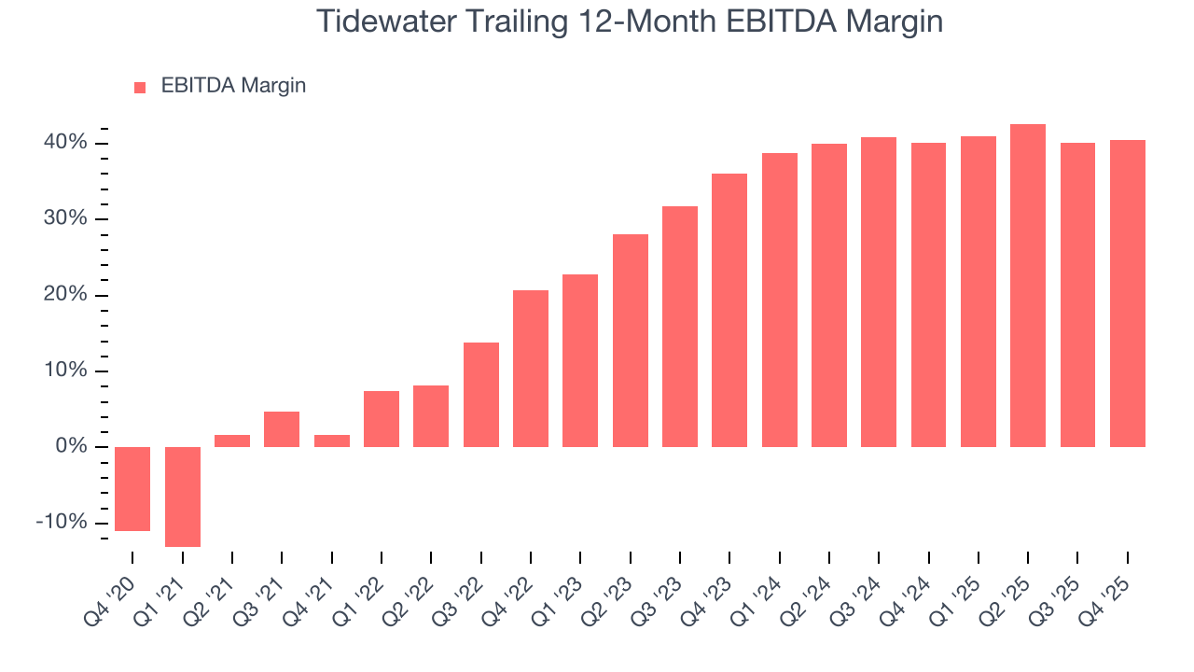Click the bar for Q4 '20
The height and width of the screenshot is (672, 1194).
click(132, 488)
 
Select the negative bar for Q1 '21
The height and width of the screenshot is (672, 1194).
click(183, 497)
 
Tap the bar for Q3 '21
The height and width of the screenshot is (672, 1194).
click(282, 429)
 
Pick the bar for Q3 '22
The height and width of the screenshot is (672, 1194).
click(481, 395)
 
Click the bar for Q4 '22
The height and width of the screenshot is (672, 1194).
click(531, 369)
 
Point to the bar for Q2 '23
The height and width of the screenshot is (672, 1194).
click(631, 341)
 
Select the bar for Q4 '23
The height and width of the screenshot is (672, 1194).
click(729, 310)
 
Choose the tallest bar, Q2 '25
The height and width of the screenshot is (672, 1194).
click(1028, 286)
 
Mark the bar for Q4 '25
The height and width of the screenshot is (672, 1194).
click(1127, 293)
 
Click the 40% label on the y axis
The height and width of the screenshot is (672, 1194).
click(63, 143)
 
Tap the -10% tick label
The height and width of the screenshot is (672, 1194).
click(61, 522)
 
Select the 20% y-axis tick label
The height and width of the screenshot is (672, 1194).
click(63, 295)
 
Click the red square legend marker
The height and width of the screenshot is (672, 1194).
click(140, 87)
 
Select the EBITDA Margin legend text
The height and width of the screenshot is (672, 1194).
click(233, 86)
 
